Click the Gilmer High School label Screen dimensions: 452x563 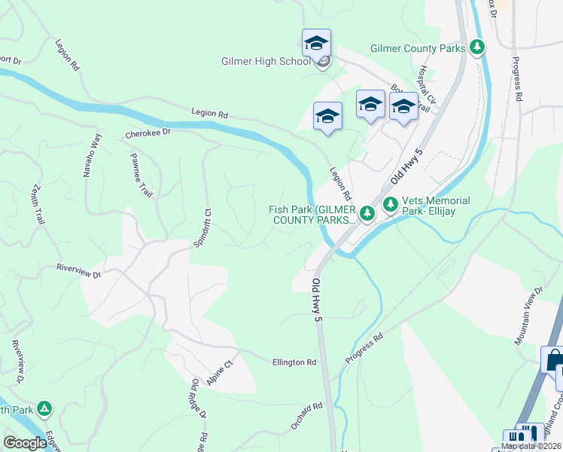tap(264, 62)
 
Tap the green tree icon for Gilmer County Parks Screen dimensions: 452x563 tap(476, 47)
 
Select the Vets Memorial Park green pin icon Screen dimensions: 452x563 tap(391, 203)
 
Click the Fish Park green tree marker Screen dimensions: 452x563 tap(367, 214)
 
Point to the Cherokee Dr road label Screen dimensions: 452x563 tap(148, 132)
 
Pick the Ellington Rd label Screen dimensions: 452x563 tap(294, 362)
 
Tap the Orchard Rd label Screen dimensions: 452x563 tap(307, 416)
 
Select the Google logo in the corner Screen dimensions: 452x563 tap(25, 443)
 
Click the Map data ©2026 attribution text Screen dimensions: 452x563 tap(531, 446)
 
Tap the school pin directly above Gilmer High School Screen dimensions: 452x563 tap(316, 42)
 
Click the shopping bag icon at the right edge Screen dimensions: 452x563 tap(555, 359)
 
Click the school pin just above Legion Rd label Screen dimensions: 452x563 tap(327, 116)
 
